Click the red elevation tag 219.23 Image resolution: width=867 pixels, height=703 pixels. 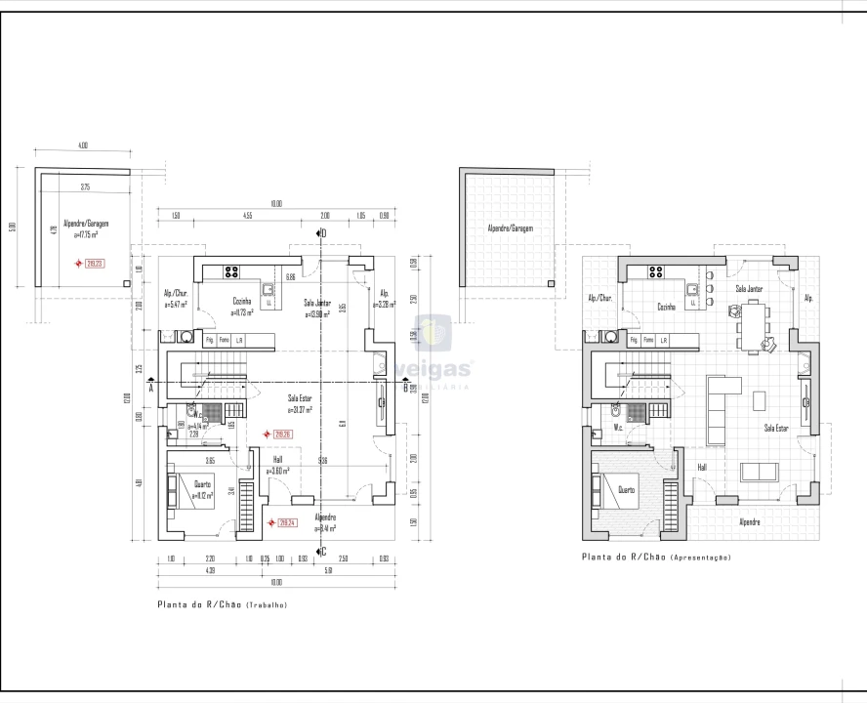(x=95, y=263)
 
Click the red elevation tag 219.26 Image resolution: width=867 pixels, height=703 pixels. (x=284, y=434)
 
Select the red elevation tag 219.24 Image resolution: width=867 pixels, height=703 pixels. (x=287, y=522)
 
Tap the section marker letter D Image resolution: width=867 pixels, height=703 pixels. (x=323, y=232)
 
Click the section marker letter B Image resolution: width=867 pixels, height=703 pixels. (x=404, y=388)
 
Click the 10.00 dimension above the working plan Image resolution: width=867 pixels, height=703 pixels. (x=276, y=203)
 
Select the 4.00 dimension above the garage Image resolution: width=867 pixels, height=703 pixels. (x=83, y=145)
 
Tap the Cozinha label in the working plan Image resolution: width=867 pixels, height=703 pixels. (x=242, y=302)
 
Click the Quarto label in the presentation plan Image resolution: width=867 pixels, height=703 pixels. (x=626, y=490)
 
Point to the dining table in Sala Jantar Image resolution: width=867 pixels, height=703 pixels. (x=755, y=324)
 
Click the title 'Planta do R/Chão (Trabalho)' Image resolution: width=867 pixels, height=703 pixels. (x=222, y=605)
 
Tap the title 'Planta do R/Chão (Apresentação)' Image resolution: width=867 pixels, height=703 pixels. (x=656, y=558)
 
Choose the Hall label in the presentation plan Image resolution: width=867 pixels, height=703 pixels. (x=701, y=468)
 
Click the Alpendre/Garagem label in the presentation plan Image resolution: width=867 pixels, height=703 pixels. (x=510, y=228)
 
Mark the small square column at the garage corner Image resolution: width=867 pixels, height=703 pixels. (x=127, y=282)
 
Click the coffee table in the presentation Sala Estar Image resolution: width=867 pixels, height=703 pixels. (x=760, y=399)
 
